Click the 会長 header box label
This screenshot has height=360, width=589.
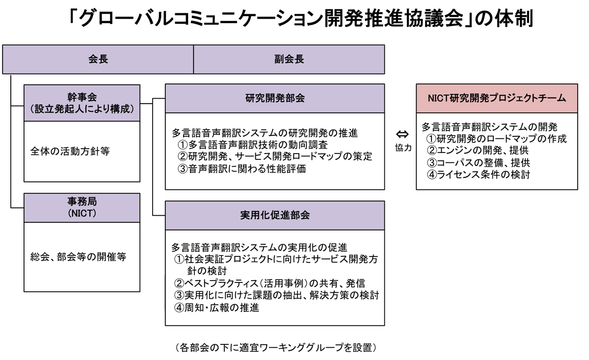(x=98, y=59)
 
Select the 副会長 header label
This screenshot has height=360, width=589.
(x=289, y=59)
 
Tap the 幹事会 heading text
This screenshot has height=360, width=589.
(x=82, y=97)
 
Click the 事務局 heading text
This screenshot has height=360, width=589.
(x=82, y=202)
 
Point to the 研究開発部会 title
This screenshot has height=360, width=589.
(x=275, y=98)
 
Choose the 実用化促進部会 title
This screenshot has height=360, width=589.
(x=275, y=215)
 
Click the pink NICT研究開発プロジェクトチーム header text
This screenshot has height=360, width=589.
(x=497, y=98)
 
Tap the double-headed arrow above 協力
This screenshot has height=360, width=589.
(x=402, y=134)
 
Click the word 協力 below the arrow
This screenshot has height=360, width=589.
(x=403, y=148)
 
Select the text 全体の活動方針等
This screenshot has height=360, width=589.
(x=70, y=152)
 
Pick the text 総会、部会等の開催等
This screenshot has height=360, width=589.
(x=78, y=257)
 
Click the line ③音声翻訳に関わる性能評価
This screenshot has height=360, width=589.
(x=242, y=169)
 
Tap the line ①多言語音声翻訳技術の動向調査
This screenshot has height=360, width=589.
(x=253, y=145)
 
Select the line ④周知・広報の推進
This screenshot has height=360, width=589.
(x=216, y=308)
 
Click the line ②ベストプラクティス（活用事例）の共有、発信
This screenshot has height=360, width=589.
(x=269, y=283)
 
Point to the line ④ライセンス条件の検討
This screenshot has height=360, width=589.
(x=478, y=175)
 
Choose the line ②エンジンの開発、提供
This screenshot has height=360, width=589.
(x=478, y=150)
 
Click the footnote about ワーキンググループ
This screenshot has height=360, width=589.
(x=276, y=348)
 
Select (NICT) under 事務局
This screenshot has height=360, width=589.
(x=82, y=213)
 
